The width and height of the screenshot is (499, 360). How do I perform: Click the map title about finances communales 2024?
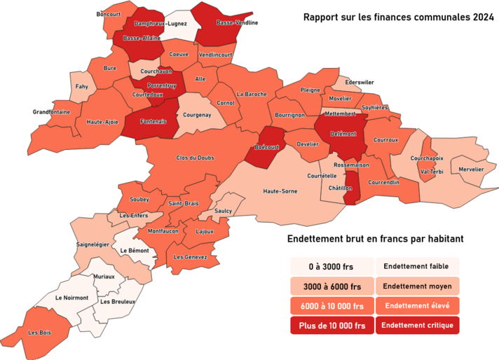pyautogui.click(x=397, y=17)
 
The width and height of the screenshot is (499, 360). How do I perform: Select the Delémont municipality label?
pyautogui.click(x=344, y=133)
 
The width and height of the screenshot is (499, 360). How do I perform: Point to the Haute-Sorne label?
pyautogui.click(x=280, y=191)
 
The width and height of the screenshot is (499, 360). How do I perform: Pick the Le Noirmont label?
pyautogui.click(x=71, y=298)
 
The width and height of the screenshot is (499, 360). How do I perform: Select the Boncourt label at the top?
pyautogui.click(x=109, y=14)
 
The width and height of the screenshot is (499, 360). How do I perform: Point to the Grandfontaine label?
pyautogui.click(x=52, y=111)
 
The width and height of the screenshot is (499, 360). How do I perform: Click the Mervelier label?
pyautogui.click(x=471, y=169)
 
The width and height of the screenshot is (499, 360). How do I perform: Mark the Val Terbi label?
pyautogui.click(x=432, y=172)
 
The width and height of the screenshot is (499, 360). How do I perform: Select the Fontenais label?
pyautogui.click(x=153, y=121)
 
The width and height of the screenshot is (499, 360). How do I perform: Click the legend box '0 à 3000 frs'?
pyautogui.click(x=332, y=267)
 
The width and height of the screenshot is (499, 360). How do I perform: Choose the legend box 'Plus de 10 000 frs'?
pyautogui.click(x=332, y=325)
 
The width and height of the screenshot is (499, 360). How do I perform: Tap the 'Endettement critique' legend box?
pyautogui.click(x=417, y=325)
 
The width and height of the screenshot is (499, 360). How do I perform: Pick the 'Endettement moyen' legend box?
pyautogui.click(x=417, y=286)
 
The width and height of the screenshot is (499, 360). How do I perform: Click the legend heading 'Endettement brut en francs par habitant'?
pyautogui.click(x=376, y=239)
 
